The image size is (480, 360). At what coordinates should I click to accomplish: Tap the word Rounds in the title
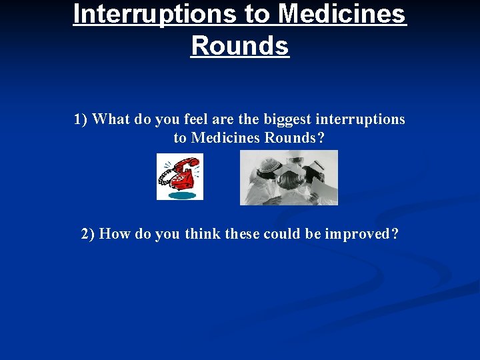click(240, 45)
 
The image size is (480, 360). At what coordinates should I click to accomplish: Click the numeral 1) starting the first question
click(81, 119)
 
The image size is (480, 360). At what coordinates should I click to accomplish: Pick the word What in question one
click(111, 119)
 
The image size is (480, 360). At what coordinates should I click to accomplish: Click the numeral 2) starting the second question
click(88, 234)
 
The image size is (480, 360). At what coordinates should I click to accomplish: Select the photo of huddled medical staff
click(289, 177)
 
